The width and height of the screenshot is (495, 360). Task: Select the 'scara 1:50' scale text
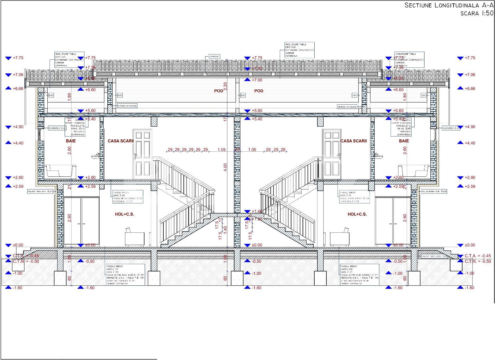coord(477,13)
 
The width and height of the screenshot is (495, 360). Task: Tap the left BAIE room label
coord(71,141)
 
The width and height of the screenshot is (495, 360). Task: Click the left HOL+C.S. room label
coord(124,214)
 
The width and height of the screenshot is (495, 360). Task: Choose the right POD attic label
coord(259,91)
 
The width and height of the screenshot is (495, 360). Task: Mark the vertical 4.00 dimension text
coord(225,167)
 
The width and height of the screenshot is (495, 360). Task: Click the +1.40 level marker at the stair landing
coord(257,211)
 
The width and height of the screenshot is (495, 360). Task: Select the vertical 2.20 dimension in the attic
coord(225,86)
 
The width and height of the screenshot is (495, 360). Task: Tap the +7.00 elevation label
coord(257,80)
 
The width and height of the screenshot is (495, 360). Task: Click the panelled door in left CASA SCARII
coord(142,154)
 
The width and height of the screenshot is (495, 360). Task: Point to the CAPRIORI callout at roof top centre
coord(214,57)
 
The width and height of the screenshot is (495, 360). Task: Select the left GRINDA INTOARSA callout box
coord(127,106)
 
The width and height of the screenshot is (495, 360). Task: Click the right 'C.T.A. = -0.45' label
coord(478,256)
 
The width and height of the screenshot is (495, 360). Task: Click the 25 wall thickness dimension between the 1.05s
coord(237,150)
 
